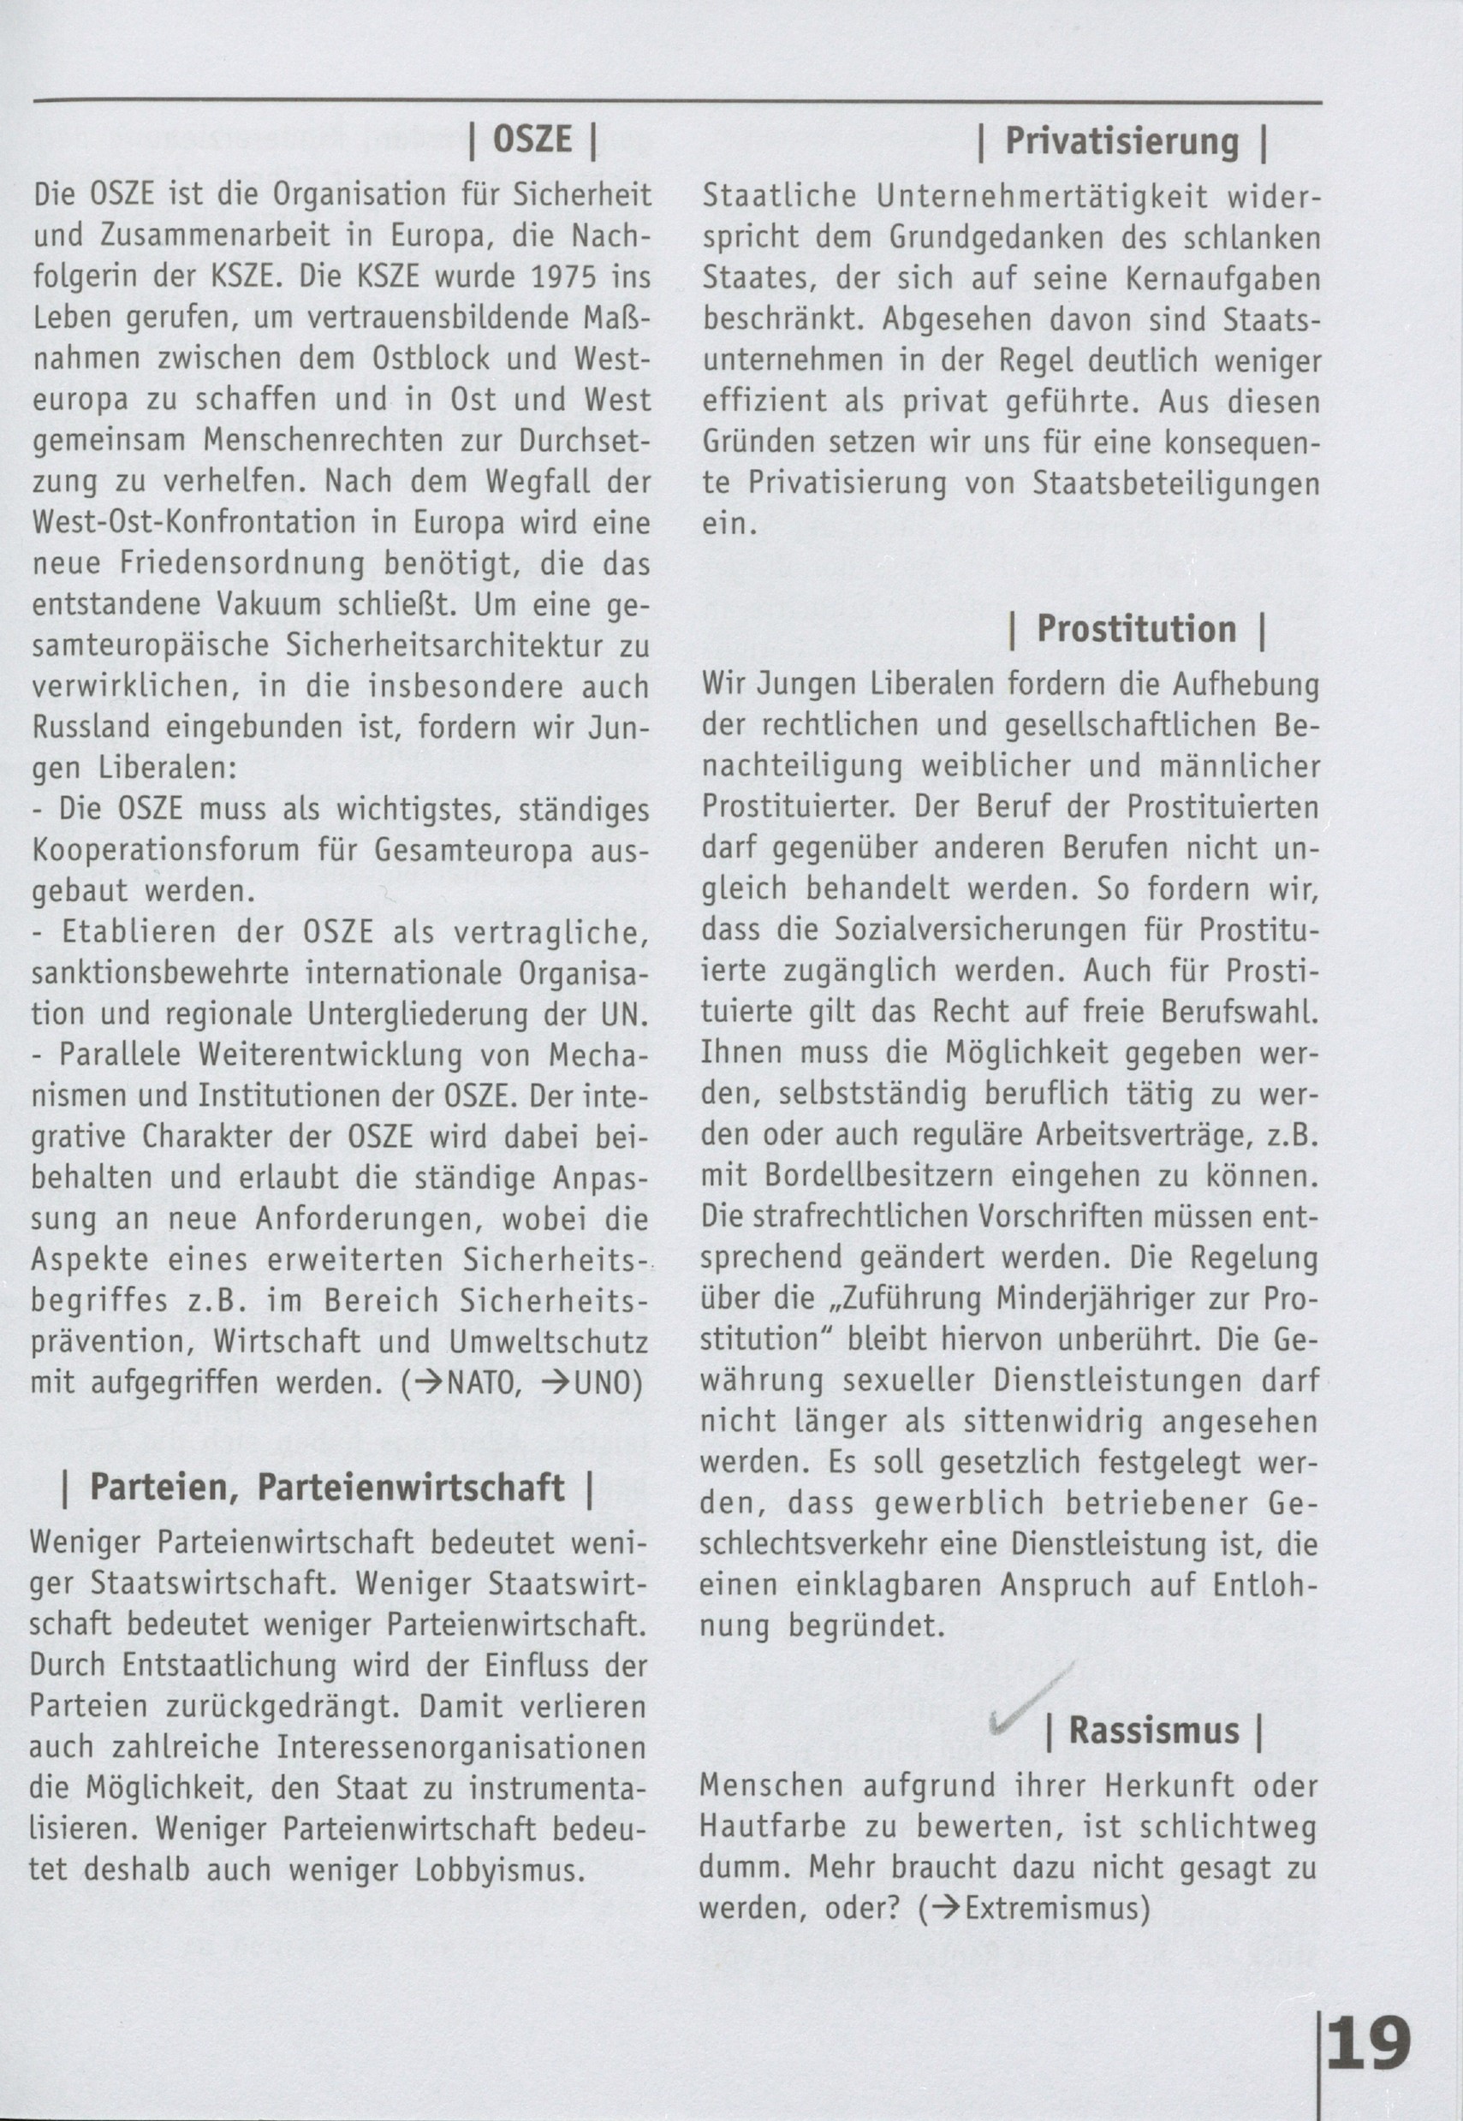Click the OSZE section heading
532,140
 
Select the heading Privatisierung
1122,142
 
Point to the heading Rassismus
1154,1731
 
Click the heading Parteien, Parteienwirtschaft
326,1487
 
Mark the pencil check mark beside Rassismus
1031,1703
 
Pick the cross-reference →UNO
586,1384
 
